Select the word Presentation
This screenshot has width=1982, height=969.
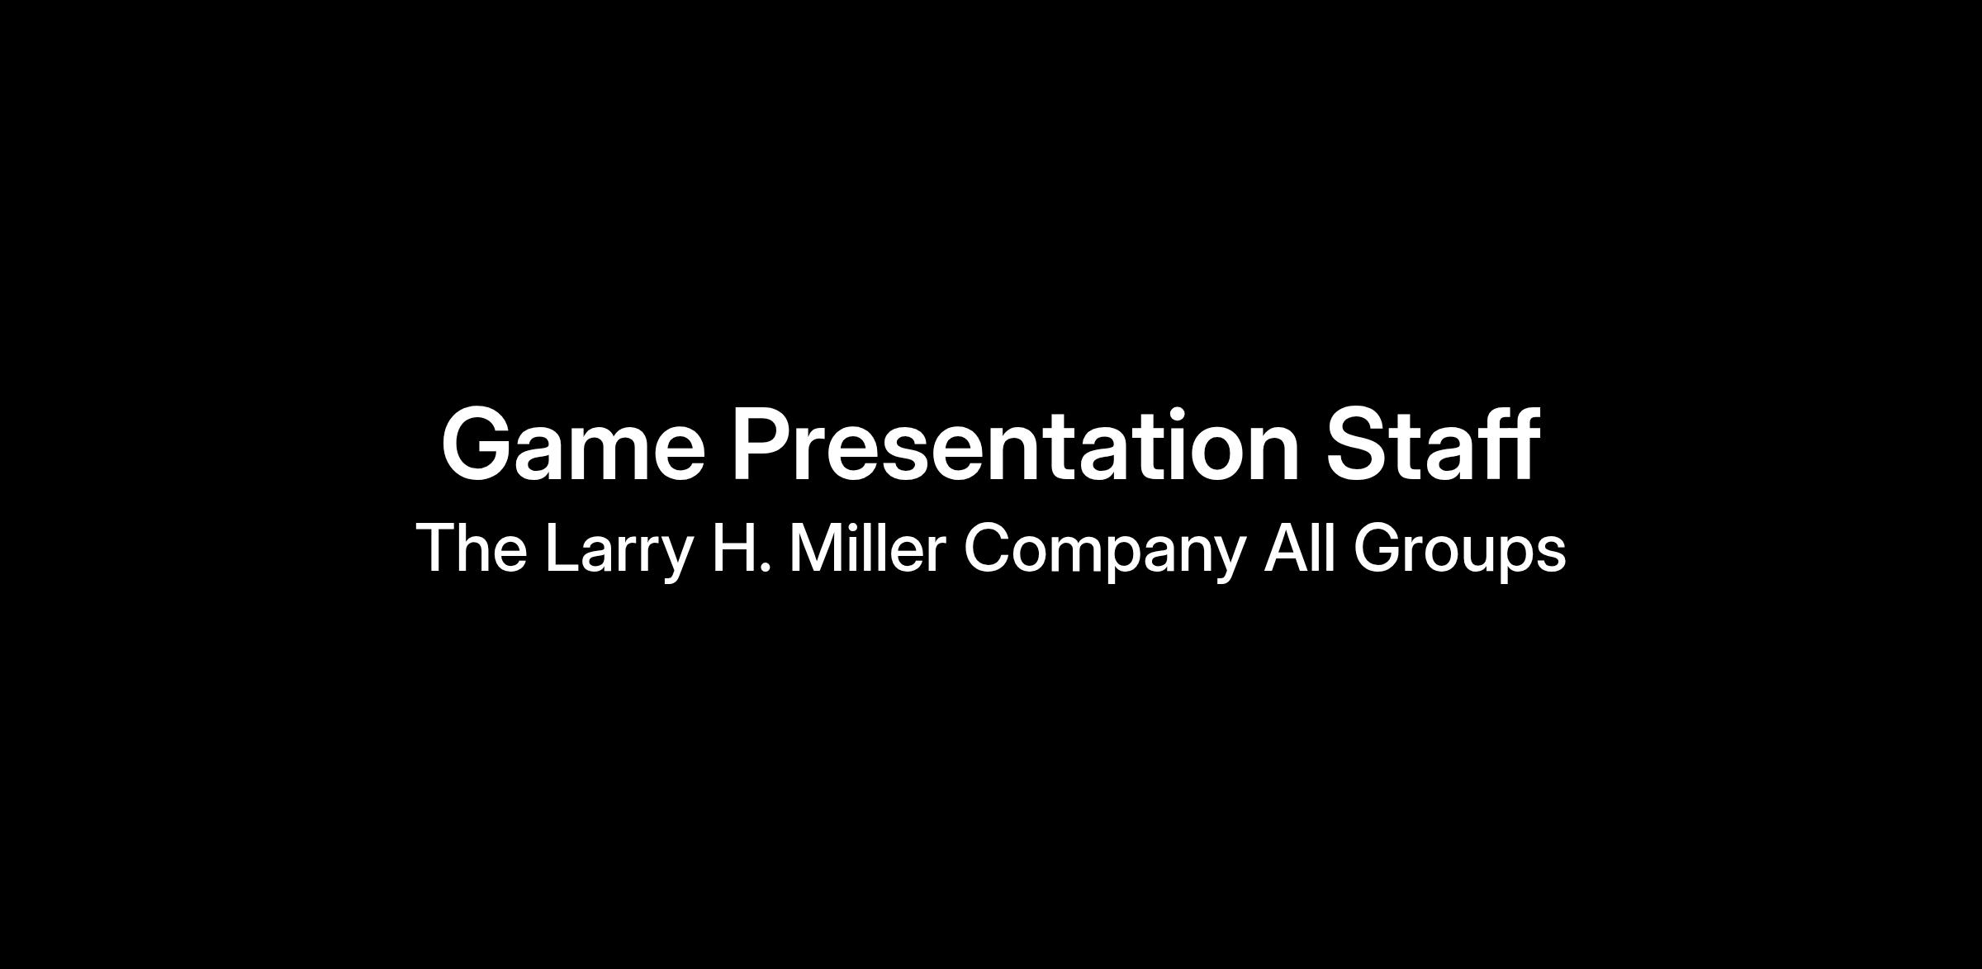point(1016,444)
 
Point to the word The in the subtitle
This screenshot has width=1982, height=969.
point(472,547)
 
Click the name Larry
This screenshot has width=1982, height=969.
point(619,552)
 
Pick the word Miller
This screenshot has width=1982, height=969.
point(867,547)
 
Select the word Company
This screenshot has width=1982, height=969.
point(1104,552)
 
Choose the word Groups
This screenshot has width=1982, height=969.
point(1459,552)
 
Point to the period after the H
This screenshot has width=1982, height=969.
point(765,567)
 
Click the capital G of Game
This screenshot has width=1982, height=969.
point(478,444)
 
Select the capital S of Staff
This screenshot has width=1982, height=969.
point(1358,444)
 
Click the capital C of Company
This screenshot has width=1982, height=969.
point(988,547)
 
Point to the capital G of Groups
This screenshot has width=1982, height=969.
point(1378,547)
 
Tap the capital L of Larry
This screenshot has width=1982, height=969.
point(562,547)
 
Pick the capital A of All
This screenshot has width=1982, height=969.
point(1287,547)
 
